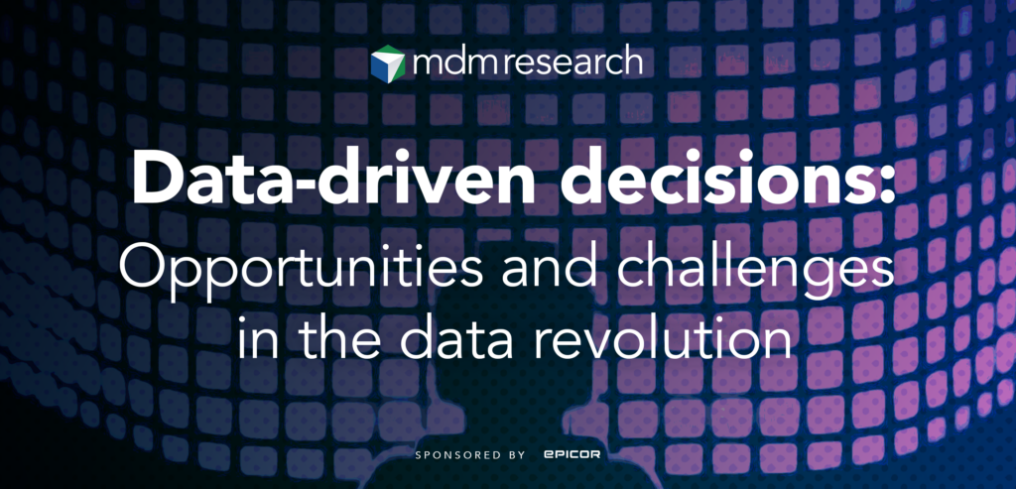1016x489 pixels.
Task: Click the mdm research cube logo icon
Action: click(x=388, y=62)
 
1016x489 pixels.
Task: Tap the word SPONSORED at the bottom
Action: click(x=458, y=455)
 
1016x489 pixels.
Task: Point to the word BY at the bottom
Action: click(x=516, y=455)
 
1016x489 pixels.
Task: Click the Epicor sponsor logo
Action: click(x=571, y=455)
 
